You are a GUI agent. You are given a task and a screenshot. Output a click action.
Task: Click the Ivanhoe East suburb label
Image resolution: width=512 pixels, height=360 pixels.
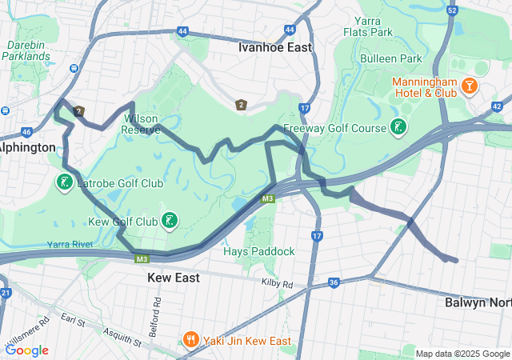coord(274,47)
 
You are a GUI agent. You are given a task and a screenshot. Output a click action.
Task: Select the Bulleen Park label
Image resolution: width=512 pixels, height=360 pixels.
coord(390,58)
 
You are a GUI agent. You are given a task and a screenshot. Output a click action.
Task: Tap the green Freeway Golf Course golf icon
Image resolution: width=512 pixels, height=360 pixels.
coord(398,126)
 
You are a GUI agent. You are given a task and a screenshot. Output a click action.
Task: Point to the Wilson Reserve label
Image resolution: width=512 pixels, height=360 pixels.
coord(142,123)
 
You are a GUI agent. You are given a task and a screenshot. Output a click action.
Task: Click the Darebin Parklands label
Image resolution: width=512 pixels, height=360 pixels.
coord(26,50)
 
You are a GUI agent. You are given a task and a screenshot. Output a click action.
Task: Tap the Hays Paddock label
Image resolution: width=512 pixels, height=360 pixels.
coord(258,251)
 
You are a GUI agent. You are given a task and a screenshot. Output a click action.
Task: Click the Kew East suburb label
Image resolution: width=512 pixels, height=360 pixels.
coord(174,278)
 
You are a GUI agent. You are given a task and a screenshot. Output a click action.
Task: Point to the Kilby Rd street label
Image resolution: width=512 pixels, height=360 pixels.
coord(277,284)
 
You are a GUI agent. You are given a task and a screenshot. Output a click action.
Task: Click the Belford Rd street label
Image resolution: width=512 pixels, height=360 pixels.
coord(157,308)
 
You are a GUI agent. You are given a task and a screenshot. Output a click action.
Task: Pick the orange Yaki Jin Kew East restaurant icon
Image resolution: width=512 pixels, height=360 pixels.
coord(190,339)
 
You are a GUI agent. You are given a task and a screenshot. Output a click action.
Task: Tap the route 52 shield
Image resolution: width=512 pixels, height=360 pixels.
coord(452,10)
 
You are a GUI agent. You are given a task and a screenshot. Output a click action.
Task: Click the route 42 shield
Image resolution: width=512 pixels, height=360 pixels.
coord(498,106)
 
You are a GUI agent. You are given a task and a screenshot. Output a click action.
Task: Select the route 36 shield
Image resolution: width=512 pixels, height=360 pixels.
coord(334,282)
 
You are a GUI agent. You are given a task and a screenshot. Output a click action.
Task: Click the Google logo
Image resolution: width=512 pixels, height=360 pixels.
coord(26,350)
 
